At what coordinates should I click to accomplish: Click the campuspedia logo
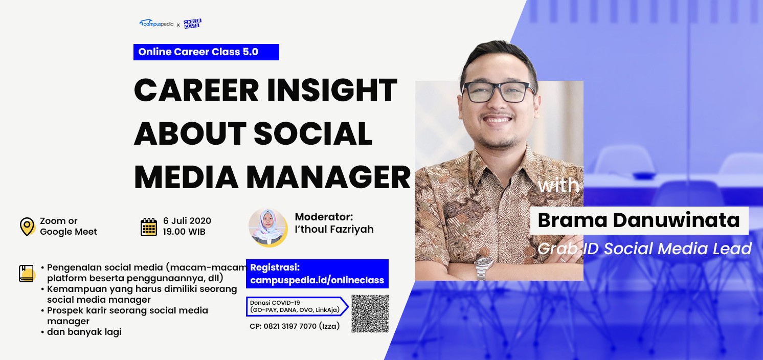pyautogui.click(x=156, y=24)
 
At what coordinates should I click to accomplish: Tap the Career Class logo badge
pyautogui.click(x=192, y=24)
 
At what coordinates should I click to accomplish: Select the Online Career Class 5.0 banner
pyautogui.click(x=206, y=52)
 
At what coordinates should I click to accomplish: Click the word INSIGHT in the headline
pyautogui.click(x=332, y=90)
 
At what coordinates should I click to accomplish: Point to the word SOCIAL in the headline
pyautogui.click(x=313, y=133)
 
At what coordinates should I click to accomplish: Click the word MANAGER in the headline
pyautogui.click(x=328, y=177)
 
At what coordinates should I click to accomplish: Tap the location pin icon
pyautogui.click(x=27, y=227)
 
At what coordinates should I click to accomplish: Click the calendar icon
pyautogui.click(x=149, y=227)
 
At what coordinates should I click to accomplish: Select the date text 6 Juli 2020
pyautogui.click(x=187, y=221)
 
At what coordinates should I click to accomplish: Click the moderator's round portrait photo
pyautogui.click(x=268, y=228)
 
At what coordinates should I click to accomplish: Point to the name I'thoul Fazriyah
pyautogui.click(x=334, y=229)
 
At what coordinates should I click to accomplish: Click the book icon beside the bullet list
pyautogui.click(x=27, y=274)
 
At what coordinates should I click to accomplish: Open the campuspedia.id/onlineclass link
pyautogui.click(x=317, y=280)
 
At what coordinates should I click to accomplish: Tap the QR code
pyautogui.click(x=370, y=313)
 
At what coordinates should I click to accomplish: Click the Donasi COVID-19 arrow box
pyautogui.click(x=297, y=306)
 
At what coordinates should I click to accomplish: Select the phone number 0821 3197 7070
pyautogui.click(x=290, y=326)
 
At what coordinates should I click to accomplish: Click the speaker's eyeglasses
pyautogui.click(x=499, y=92)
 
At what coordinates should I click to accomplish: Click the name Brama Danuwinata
pyautogui.click(x=639, y=220)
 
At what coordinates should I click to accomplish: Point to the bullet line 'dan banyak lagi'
pyautogui.click(x=84, y=332)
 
